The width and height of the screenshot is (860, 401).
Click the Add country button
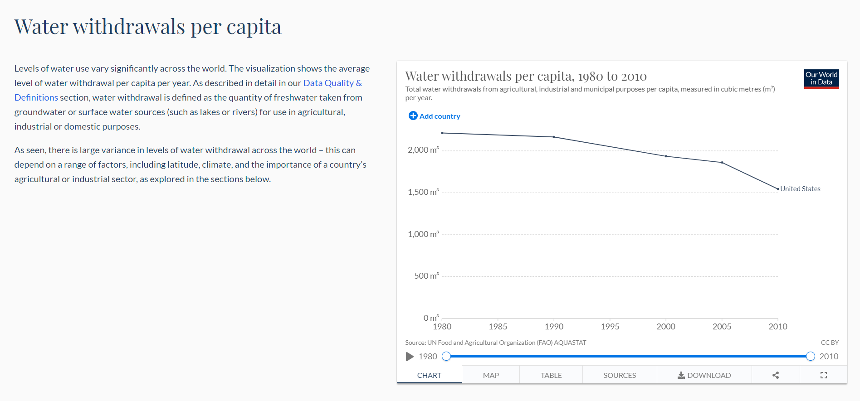[x=435, y=116]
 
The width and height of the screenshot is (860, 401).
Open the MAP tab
[x=491, y=375]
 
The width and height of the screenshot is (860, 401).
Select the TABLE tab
[x=551, y=375]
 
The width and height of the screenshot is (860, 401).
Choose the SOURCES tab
[x=620, y=375]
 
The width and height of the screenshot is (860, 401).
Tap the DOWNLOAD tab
[x=704, y=375]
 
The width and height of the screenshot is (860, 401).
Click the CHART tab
[x=429, y=375]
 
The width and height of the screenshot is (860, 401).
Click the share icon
[x=776, y=375]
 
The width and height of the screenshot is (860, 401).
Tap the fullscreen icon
[x=824, y=375]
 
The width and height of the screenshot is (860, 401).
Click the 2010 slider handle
[x=811, y=356]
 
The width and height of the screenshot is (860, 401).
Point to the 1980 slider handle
[x=446, y=356]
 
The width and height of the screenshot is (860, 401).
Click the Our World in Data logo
[x=821, y=78]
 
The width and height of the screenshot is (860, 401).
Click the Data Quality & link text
[x=332, y=83]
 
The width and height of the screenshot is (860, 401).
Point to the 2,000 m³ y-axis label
[x=423, y=150]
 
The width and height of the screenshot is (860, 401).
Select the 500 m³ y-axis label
[x=426, y=276]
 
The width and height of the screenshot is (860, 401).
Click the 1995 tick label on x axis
[x=610, y=326]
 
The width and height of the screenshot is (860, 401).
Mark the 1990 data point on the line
[x=554, y=137]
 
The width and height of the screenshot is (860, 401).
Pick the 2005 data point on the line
[x=722, y=162]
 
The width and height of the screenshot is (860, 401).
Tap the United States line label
[x=800, y=189]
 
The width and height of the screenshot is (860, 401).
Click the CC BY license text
[x=830, y=343]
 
